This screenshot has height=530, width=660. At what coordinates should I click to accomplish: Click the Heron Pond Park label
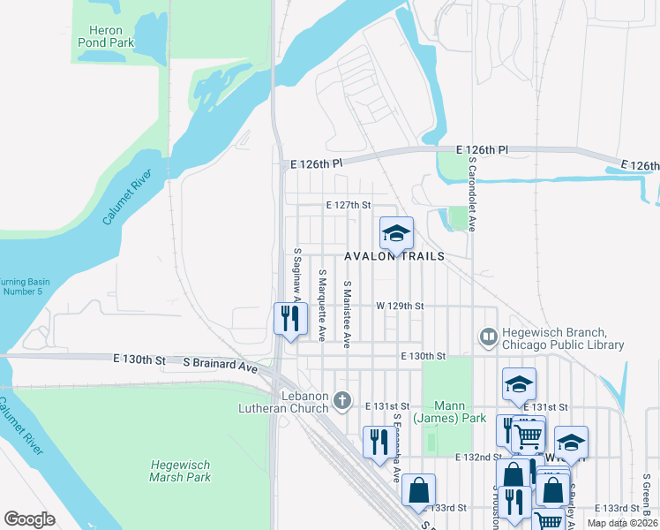105,36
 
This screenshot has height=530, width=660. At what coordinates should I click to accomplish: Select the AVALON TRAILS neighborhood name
394,255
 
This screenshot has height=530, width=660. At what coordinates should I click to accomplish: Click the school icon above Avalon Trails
397,233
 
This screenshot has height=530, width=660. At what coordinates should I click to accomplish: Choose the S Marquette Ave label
323,306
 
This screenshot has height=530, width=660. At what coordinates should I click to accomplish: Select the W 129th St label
400,306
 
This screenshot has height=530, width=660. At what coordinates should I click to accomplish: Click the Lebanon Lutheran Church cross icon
343,401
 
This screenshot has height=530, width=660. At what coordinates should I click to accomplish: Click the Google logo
29,519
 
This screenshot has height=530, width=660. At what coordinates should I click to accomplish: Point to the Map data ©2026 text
623,523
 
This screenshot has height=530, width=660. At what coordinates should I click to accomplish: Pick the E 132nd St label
478,457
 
